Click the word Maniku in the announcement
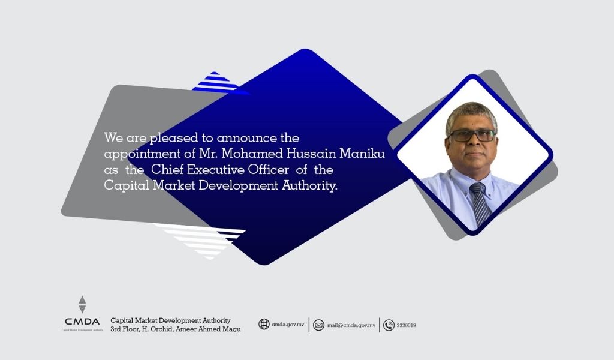tap(362, 154)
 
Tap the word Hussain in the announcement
tap(311, 154)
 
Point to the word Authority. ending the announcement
tap(309, 185)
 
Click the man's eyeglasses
tap(472, 136)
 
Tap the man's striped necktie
tap(480, 203)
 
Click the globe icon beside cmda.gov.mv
tap(264, 325)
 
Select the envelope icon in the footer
tap(319, 325)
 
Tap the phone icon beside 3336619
tap(389, 325)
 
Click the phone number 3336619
tap(406, 326)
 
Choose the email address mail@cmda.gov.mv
tap(351, 326)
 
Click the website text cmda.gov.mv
tap(288, 325)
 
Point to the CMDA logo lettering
tap(82, 322)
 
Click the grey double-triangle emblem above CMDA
tap(82, 304)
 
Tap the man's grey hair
tap(471, 113)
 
